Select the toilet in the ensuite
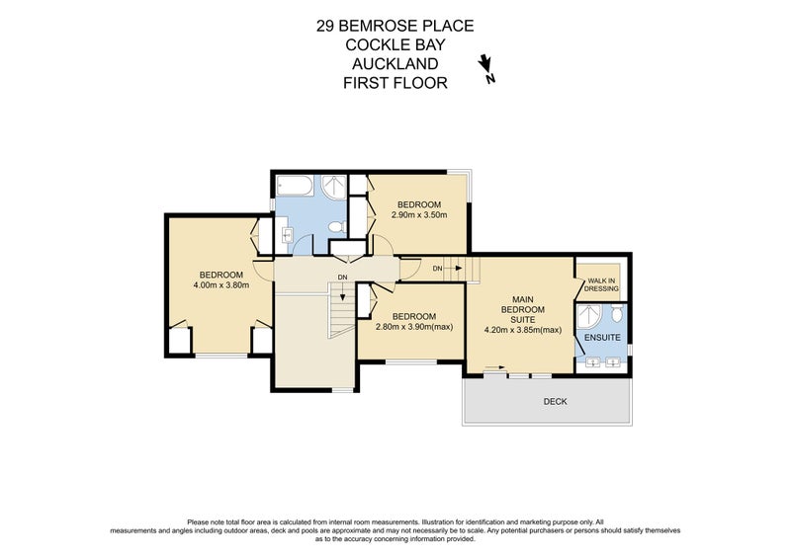pyautogui.click(x=617, y=316)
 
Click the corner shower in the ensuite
pyautogui.click(x=589, y=316)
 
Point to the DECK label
pyautogui.click(x=556, y=402)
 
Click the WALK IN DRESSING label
pyautogui.click(x=602, y=284)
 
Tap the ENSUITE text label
pyautogui.click(x=602, y=338)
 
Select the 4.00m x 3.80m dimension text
pyautogui.click(x=221, y=285)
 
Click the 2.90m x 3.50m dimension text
pyautogui.click(x=419, y=214)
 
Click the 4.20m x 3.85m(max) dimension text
pyautogui.click(x=523, y=330)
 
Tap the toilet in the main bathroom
pyautogui.click(x=335, y=228)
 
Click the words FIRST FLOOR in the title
pyautogui.click(x=395, y=83)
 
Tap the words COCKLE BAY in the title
pyautogui.click(x=395, y=45)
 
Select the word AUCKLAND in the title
pyautogui.click(x=395, y=64)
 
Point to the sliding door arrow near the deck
pyautogui.click(x=492, y=371)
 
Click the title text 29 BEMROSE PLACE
pyautogui.click(x=395, y=27)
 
